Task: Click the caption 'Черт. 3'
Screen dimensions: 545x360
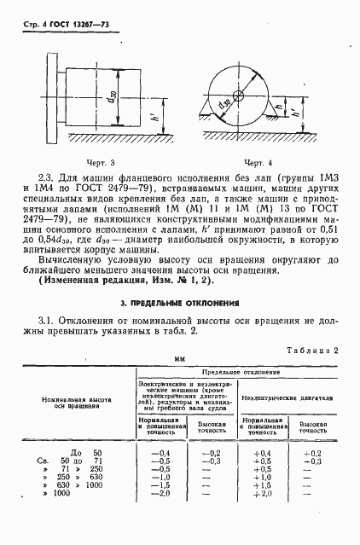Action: pos(95,161)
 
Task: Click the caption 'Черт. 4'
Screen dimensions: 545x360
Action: pos(257,161)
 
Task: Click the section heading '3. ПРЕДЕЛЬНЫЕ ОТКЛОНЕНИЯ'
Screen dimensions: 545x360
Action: pos(180,303)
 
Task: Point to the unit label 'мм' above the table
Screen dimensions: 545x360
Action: pos(180,361)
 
